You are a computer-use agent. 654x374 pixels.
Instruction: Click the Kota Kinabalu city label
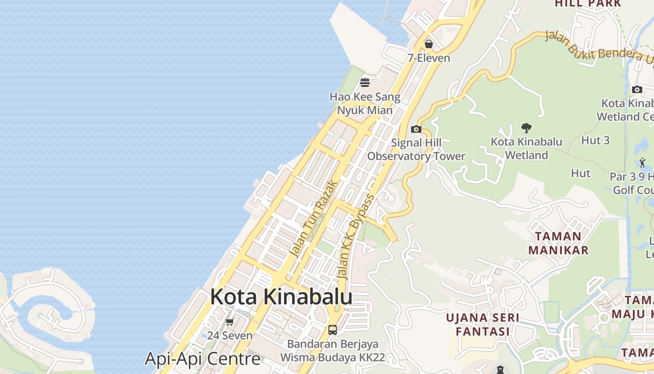281,297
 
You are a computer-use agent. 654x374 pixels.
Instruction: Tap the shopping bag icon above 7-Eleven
428,44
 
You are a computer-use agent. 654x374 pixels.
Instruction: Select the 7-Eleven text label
428,58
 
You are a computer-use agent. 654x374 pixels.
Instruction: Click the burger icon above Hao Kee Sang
365,83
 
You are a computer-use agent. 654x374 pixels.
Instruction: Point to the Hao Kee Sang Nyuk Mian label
365,104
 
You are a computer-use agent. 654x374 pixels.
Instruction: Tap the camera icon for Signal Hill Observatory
416,129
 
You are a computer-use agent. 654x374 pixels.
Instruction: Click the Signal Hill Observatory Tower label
416,150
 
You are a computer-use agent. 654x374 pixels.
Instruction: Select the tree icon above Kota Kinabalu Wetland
526,128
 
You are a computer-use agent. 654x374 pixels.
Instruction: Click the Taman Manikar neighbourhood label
558,243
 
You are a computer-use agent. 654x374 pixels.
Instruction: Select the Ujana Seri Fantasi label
483,324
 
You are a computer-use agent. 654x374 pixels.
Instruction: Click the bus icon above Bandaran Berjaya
333,330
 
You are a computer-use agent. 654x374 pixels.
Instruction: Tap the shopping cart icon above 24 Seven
229,322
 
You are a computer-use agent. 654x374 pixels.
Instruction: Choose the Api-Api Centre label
202,359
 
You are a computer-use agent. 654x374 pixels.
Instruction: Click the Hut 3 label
595,140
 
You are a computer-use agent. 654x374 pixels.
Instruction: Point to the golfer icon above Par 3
642,163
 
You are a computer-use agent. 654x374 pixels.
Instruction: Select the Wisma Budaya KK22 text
332,358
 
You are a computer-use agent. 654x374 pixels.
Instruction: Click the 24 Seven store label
230,336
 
